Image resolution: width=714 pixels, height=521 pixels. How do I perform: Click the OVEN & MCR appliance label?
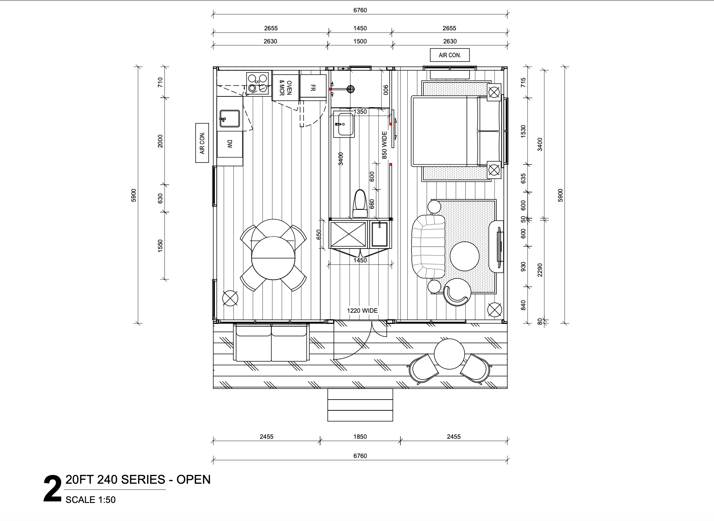(286, 88)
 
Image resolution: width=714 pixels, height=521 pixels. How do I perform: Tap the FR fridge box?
(313, 88)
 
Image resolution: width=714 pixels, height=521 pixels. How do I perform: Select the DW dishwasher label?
(229, 144)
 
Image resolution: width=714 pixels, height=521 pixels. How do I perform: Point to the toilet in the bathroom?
(360, 204)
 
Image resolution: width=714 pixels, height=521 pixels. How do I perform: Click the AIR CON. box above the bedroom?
(450, 55)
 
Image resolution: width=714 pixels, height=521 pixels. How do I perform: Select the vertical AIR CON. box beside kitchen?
(202, 143)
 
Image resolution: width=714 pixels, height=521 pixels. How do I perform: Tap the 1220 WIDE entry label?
(362, 310)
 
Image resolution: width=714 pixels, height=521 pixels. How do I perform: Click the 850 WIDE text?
(384, 145)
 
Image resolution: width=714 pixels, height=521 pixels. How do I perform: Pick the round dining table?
(273, 258)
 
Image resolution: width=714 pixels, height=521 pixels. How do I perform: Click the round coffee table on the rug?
(464, 256)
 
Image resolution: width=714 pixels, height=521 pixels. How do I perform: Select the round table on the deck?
(449, 353)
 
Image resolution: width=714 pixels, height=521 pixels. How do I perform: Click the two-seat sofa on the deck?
(271, 342)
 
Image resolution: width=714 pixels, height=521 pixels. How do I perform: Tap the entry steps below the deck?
(360, 405)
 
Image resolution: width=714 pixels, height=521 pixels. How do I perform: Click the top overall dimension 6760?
(360, 10)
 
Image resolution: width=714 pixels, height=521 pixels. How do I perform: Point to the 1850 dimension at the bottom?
(360, 436)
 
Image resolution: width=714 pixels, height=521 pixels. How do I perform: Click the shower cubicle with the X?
(348, 234)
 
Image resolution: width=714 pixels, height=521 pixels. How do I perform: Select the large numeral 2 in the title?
(52, 489)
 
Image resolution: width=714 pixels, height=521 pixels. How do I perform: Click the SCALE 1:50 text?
(90, 500)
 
